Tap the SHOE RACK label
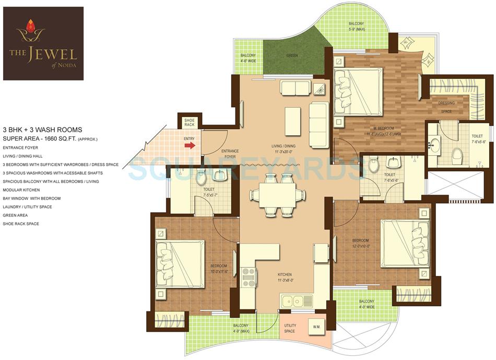pyautogui.click(x=190, y=122)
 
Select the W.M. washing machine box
pyautogui.click(x=316, y=327)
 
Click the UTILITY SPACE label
pyautogui.click(x=289, y=328)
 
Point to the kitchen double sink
pyautogui.click(x=296, y=301)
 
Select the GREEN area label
pyautogui.click(x=292, y=55)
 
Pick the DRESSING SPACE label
pyautogui.click(x=446, y=107)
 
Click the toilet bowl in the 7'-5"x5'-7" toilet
pyautogui.click(x=201, y=178)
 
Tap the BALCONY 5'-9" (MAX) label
pyautogui.click(x=357, y=26)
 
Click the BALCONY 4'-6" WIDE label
pyautogui.click(x=248, y=58)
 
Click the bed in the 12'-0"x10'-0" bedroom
pyautogui.click(x=405, y=242)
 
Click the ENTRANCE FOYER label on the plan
pyautogui.click(x=230, y=154)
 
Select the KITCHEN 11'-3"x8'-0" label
pyautogui.click(x=285, y=277)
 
